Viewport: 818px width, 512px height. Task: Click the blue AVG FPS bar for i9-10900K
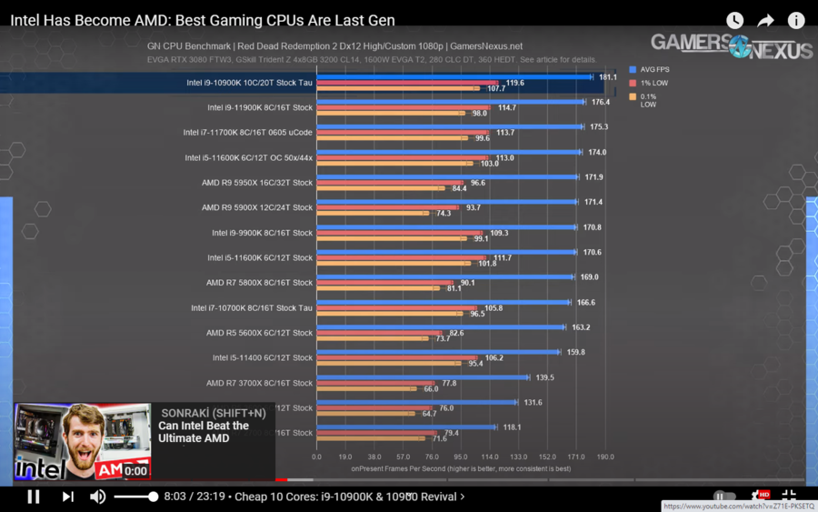pos(454,77)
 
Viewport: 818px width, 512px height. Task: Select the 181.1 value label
pos(608,77)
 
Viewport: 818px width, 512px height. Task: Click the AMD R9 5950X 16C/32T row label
pos(257,183)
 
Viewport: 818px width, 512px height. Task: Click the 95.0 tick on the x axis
pos(461,457)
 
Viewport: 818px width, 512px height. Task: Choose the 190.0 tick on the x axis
pos(604,457)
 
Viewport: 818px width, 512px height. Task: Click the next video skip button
pos(67,497)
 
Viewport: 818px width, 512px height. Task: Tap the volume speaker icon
pos(97,497)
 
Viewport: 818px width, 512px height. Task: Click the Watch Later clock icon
pos(734,20)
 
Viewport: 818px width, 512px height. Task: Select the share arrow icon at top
pos(765,20)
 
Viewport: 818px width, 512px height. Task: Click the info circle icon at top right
pos(795,20)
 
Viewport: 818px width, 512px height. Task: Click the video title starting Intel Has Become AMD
pos(203,20)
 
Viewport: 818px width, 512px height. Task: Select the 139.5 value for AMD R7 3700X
pos(544,376)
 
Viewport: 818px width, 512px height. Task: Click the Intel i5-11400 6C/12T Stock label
pos(263,357)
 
